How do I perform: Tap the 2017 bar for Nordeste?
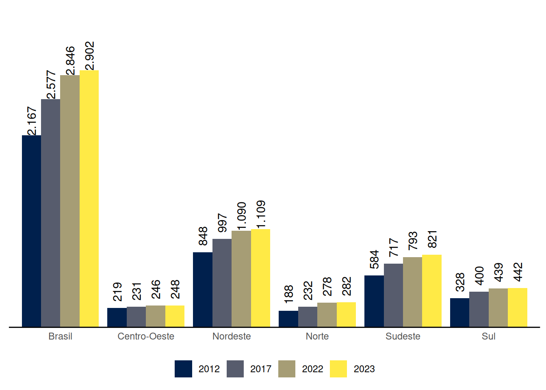tap(222, 283)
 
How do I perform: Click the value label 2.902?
tap(89, 56)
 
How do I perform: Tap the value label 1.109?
tap(261, 214)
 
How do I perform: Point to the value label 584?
tap(374, 260)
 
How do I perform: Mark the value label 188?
tap(288, 294)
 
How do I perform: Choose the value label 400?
tap(479, 276)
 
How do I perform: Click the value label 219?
tap(117, 292)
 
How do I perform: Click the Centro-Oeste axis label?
tap(146, 336)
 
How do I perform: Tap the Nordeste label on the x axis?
tap(232, 336)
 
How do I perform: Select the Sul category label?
tap(488, 336)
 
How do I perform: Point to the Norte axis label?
tap(317, 336)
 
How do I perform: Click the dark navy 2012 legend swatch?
tap(183, 369)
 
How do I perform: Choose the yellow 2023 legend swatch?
tap(338, 369)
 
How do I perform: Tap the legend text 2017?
tap(260, 369)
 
